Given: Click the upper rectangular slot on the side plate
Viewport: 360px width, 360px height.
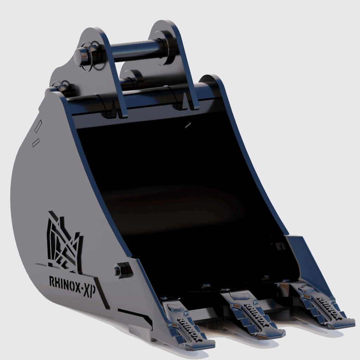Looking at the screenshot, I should click(x=39, y=125).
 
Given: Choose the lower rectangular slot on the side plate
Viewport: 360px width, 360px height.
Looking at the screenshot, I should click(x=36, y=143).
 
